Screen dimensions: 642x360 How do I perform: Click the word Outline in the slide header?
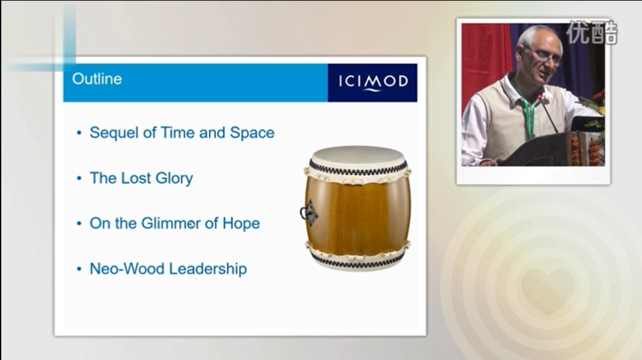pyautogui.click(x=97, y=79)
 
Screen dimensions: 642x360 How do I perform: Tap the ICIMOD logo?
pyautogui.click(x=373, y=82)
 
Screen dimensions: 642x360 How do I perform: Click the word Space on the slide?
pyautogui.click(x=252, y=133)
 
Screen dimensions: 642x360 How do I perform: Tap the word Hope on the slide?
pyautogui.click(x=241, y=224)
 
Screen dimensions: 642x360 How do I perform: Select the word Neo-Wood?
pyautogui.click(x=127, y=269)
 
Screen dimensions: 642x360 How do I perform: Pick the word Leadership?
pyautogui.click(x=207, y=269)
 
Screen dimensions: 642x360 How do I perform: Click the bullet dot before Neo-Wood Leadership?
pyautogui.click(x=79, y=269)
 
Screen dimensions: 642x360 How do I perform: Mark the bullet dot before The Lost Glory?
pyautogui.click(x=79, y=178)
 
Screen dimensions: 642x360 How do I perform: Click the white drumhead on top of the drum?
pyautogui.click(x=358, y=156)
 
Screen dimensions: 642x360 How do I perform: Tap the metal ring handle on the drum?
pyautogui.click(x=306, y=213)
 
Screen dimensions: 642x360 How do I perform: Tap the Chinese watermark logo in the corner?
pyautogui.click(x=591, y=32)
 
